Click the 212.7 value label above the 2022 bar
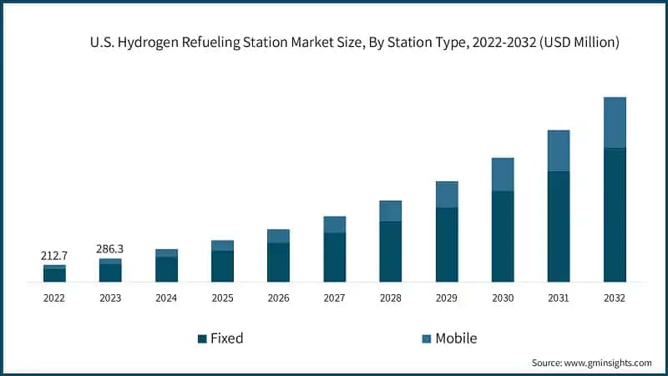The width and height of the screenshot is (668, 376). tap(54, 255)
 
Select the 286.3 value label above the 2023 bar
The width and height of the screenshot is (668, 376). tap(110, 249)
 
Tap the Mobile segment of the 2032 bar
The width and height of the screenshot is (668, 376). tap(615, 123)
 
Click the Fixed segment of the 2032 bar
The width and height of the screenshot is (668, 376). tap(615, 215)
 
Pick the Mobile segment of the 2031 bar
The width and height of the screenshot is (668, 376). tap(559, 151)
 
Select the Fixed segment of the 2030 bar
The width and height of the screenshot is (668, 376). tap(503, 236)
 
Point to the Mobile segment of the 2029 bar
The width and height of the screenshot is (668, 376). tap(447, 195)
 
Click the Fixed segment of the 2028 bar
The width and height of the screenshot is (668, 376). tap(391, 252)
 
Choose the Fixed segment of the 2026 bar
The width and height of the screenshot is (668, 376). tap(278, 262)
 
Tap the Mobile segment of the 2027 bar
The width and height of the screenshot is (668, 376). tap(335, 225)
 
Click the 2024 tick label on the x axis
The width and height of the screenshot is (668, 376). tap(166, 298)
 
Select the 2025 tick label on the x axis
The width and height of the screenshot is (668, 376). tap(222, 298)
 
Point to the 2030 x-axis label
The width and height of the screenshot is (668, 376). tap(503, 298)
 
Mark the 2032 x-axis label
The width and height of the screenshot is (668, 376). tap(615, 298)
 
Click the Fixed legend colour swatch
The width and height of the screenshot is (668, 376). tap(202, 338)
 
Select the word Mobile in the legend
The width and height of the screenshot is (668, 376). tap(456, 338)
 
